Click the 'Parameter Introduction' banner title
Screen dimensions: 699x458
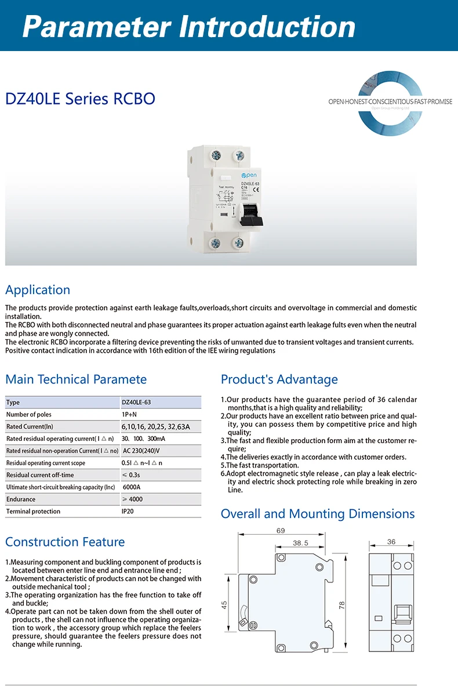coord(189,26)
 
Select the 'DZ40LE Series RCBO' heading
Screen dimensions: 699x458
coord(80,99)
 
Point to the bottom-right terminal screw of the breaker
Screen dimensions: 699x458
coord(238,243)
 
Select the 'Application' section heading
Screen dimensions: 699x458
coord(38,290)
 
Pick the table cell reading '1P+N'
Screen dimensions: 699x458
coord(129,415)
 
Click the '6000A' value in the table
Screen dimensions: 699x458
coord(132,487)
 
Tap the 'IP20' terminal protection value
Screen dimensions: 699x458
coord(128,512)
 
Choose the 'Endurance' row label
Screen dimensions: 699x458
coord(21,499)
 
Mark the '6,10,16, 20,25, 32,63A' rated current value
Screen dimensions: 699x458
coord(155,427)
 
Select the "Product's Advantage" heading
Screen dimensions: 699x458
coord(279,379)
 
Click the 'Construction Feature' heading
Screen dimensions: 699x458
coord(65,542)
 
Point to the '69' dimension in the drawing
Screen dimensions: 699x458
coord(281,531)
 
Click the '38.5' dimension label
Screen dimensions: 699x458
coord(300,544)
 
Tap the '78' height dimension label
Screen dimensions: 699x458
coord(342,604)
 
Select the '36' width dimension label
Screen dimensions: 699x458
coord(391,542)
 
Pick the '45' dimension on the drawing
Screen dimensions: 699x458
coord(224,604)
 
